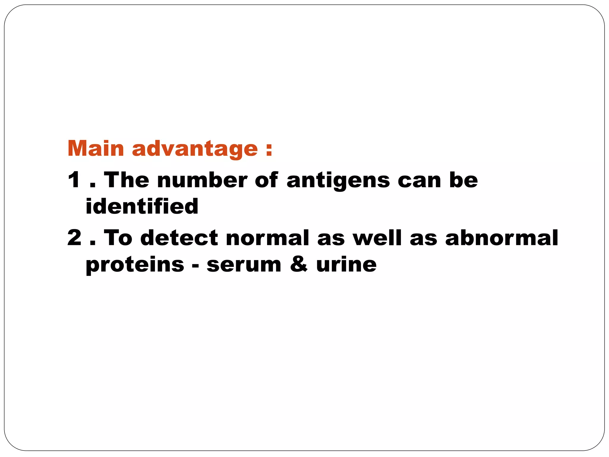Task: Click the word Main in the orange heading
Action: click(95, 148)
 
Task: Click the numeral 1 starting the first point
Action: click(74, 180)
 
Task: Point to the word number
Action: click(202, 180)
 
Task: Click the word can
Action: click(419, 181)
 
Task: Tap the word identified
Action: click(142, 206)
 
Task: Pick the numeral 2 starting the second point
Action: click(74, 238)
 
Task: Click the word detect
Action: click(179, 238)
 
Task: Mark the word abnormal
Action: click(502, 238)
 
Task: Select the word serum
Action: click(244, 265)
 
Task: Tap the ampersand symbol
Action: click(299, 264)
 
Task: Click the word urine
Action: click(346, 264)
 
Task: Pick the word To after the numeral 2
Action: click(118, 238)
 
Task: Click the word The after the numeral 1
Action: click(126, 180)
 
